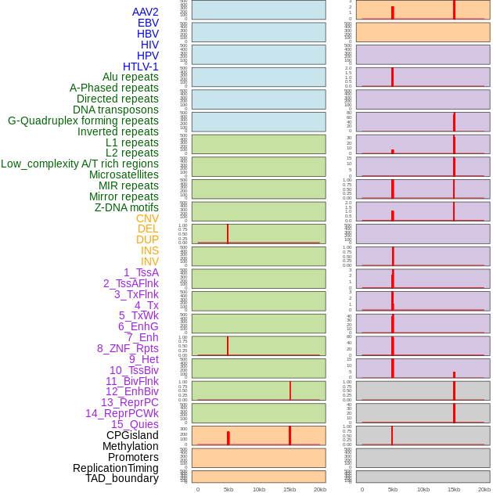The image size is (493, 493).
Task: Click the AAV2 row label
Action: point(145,12)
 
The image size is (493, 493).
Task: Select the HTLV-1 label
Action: point(140,67)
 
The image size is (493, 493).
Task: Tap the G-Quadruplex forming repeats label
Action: point(83,121)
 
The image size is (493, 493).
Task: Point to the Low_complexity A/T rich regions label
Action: point(80,164)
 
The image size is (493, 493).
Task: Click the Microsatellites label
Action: point(124,175)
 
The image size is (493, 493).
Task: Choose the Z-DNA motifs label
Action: point(126,207)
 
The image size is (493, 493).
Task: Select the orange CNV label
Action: point(147,218)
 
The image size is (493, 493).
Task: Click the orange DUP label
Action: point(147,239)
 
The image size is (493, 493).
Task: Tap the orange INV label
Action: point(149,261)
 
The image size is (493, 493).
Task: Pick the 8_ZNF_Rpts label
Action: point(128,348)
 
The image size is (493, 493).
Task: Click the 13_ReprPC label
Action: point(129,402)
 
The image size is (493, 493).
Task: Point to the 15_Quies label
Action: point(135,424)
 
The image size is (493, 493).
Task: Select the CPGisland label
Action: point(132,435)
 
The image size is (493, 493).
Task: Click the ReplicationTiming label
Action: point(116,468)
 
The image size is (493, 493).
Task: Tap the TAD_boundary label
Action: point(122,478)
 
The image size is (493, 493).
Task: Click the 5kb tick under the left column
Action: point(229,489)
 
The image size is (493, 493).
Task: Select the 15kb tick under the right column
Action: point(454,489)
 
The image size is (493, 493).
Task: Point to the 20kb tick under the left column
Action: point(320,489)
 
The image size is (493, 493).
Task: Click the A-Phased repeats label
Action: point(114,88)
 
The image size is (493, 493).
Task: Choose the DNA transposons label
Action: point(116,110)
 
